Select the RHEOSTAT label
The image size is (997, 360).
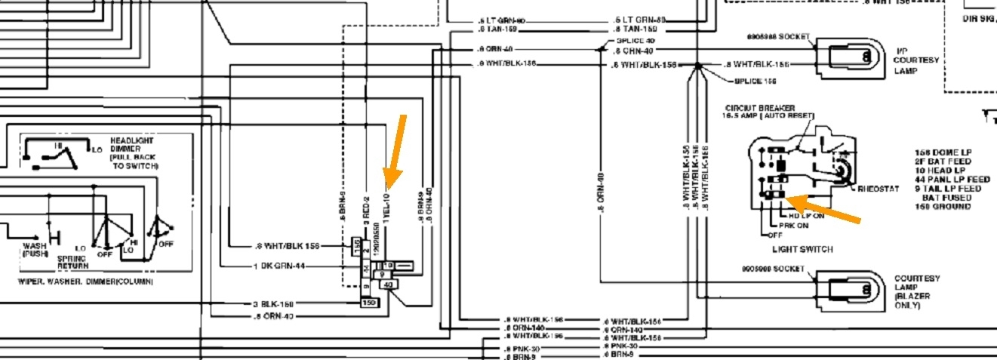click(878, 189)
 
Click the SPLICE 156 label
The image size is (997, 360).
click(755, 80)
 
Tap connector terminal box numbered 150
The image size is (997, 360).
click(370, 303)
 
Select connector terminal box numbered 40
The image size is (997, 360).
click(389, 285)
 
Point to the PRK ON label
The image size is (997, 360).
click(793, 225)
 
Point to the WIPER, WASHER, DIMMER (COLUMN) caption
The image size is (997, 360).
click(85, 281)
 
